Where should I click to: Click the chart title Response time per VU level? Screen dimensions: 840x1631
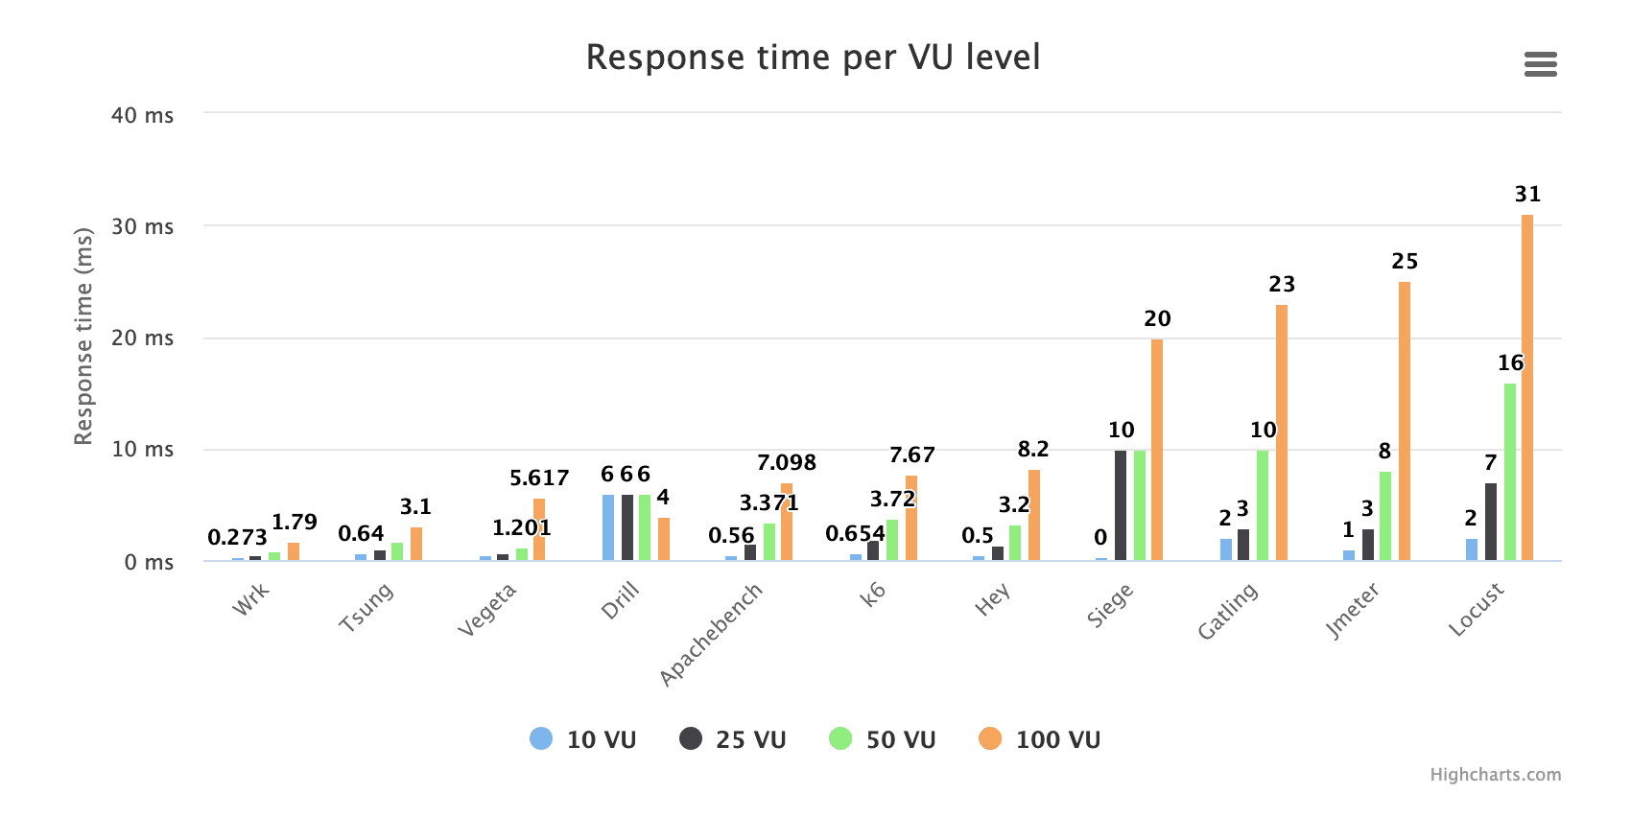pyautogui.click(x=813, y=58)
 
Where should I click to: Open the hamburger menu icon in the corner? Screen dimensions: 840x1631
pyautogui.click(x=1540, y=64)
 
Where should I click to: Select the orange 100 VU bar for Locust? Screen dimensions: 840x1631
pyautogui.click(x=1527, y=388)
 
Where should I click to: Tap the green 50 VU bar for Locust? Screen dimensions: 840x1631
pyautogui.click(x=1510, y=472)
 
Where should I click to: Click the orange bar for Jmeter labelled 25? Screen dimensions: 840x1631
pyautogui.click(x=1405, y=422)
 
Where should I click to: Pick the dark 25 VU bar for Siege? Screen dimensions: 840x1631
pyautogui.click(x=1121, y=505)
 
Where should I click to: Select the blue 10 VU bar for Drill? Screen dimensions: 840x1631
pyautogui.click(x=608, y=527)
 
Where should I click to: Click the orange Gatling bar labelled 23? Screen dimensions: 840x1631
pyautogui.click(x=1282, y=433)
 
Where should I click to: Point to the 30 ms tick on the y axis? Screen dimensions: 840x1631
pyautogui.click(x=143, y=226)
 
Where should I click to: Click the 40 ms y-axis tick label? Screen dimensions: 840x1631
pyautogui.click(x=143, y=115)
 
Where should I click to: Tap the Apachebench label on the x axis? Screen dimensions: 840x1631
pyautogui.click(x=711, y=634)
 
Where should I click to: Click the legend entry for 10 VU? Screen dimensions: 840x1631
pyautogui.click(x=582, y=739)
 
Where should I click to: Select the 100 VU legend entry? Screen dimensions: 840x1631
pyautogui.click(x=1040, y=739)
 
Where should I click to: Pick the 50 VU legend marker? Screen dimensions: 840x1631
pyautogui.click(x=840, y=738)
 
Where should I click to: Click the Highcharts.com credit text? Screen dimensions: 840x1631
pyautogui.click(x=1495, y=775)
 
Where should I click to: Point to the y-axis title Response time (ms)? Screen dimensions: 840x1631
pyautogui.click(x=83, y=336)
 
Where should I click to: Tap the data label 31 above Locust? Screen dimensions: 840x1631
pyautogui.click(x=1527, y=195)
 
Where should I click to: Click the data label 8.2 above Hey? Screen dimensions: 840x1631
pyautogui.click(x=1033, y=449)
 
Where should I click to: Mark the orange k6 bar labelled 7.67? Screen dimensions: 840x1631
pyautogui.click(x=911, y=519)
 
